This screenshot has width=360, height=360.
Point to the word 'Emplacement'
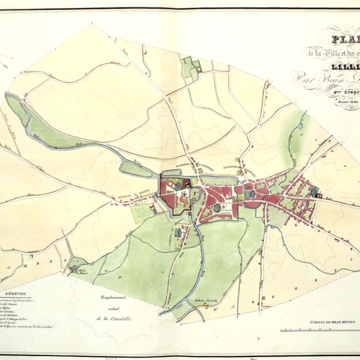114,298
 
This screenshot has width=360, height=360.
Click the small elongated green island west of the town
135,169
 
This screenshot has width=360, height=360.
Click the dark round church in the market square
218,208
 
